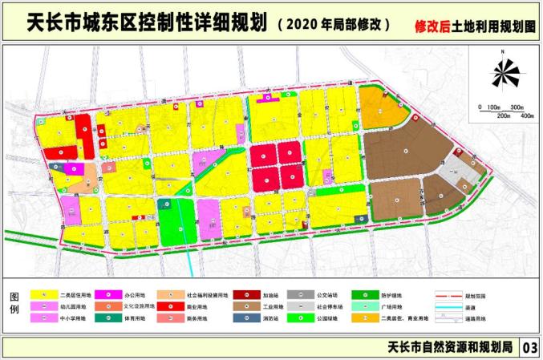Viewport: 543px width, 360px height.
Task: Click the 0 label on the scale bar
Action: pyautogui.click(x=479, y=107)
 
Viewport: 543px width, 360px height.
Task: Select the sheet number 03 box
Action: pyautogui.click(x=529, y=347)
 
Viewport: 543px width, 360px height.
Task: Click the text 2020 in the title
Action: pyautogui.click(x=294, y=24)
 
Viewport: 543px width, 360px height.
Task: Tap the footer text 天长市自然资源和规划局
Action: pyautogui.click(x=449, y=347)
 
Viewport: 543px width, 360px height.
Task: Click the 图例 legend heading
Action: pyautogui.click(x=14, y=305)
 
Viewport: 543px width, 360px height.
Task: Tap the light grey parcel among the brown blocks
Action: pyautogui.click(x=455, y=170)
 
